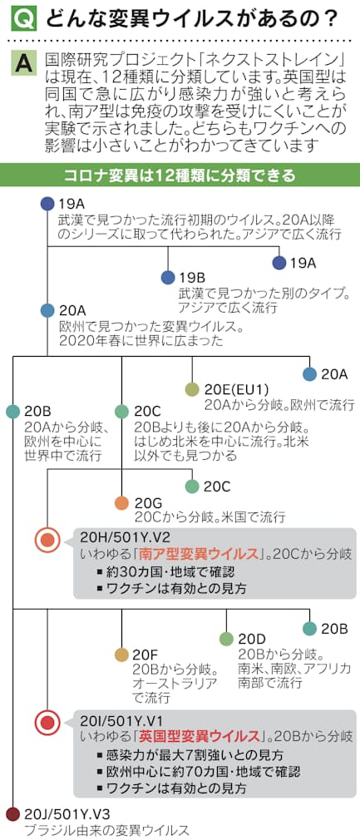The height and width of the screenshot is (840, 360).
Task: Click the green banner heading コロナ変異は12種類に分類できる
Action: tap(180, 175)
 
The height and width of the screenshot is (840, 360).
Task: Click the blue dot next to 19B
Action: tap(168, 278)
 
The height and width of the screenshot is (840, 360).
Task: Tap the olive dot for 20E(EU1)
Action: tap(192, 389)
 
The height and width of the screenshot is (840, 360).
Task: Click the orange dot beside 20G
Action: tap(122, 503)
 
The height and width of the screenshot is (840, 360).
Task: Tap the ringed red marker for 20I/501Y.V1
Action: tap(47, 724)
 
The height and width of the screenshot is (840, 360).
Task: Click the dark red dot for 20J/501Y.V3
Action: tap(12, 814)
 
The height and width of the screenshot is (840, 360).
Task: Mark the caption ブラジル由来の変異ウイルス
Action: tap(106, 830)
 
